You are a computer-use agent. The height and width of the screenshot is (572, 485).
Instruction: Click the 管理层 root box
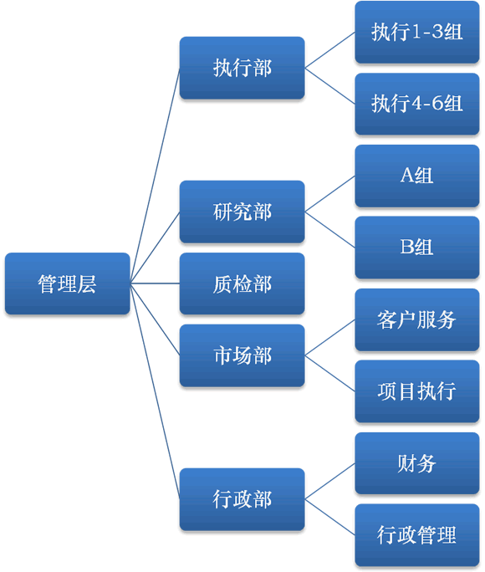point(68,283)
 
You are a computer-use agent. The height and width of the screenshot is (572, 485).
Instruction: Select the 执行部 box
point(242,68)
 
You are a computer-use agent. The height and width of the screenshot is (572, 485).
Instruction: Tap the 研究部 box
point(242,212)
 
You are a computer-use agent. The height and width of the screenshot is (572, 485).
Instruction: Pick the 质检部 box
point(242,283)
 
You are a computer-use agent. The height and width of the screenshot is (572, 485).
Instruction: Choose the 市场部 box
point(242,355)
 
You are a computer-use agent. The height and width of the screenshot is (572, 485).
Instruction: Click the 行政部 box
point(242,499)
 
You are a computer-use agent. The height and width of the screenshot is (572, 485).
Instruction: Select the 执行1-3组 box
point(417,32)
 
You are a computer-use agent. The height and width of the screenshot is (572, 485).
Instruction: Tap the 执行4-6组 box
point(417,104)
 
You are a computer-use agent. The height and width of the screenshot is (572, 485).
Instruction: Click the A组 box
point(417,176)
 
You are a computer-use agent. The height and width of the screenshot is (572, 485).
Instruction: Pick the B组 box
point(417,248)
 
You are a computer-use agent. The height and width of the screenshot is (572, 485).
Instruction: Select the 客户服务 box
point(417,319)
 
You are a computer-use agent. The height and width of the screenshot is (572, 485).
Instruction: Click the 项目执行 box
point(417,391)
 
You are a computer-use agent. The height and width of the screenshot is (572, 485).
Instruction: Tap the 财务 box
point(417,463)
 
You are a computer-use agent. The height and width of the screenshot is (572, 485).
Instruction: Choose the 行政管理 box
point(417,535)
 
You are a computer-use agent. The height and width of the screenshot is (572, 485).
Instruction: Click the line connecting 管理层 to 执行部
point(155,176)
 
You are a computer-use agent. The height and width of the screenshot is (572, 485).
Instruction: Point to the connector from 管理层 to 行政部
point(155,391)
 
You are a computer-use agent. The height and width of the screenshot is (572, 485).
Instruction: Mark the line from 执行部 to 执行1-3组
point(330,50)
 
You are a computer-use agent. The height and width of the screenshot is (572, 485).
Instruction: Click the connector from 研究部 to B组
point(330,229)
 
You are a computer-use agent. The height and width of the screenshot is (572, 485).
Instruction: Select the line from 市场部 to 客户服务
point(330,338)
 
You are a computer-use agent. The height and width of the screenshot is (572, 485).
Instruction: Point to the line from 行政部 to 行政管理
point(330,517)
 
